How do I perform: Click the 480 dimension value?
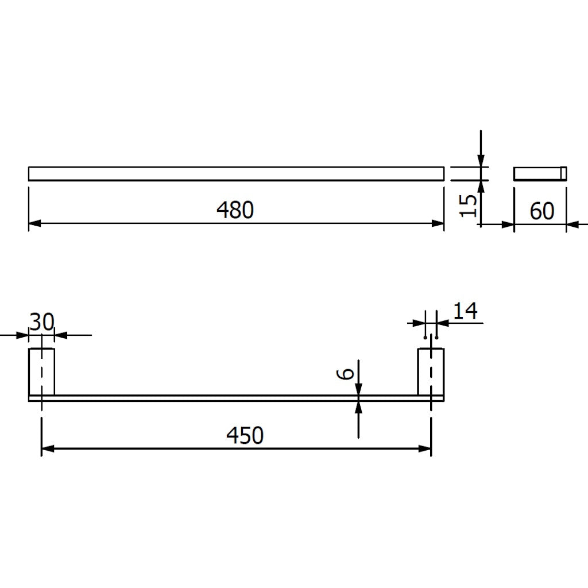[235, 210]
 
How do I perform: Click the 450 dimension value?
[245, 435]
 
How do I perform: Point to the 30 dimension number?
[41, 322]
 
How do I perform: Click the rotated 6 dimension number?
[345, 374]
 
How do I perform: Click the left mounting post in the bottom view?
[41, 372]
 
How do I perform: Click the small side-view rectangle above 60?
[540, 173]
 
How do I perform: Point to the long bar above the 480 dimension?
[236, 173]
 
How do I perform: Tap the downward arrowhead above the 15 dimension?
[481, 160]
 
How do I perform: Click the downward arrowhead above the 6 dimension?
[358, 389]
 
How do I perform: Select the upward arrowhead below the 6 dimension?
[358, 407]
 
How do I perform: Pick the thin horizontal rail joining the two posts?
[236, 398]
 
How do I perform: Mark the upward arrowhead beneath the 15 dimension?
[481, 187]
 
